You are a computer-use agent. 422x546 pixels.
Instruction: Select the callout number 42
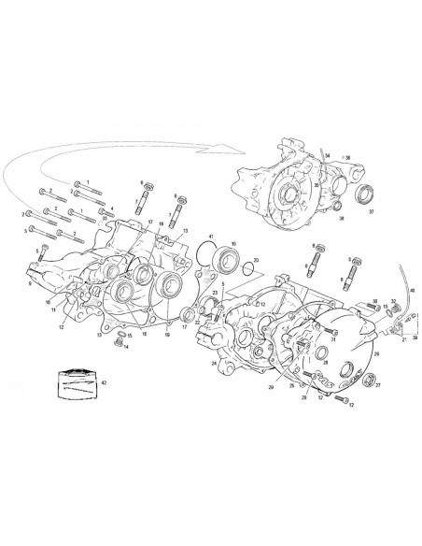pos(104,383)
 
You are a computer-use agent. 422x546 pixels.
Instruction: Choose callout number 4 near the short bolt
pos(112,209)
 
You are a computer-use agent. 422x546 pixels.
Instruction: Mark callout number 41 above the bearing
pos(212,237)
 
